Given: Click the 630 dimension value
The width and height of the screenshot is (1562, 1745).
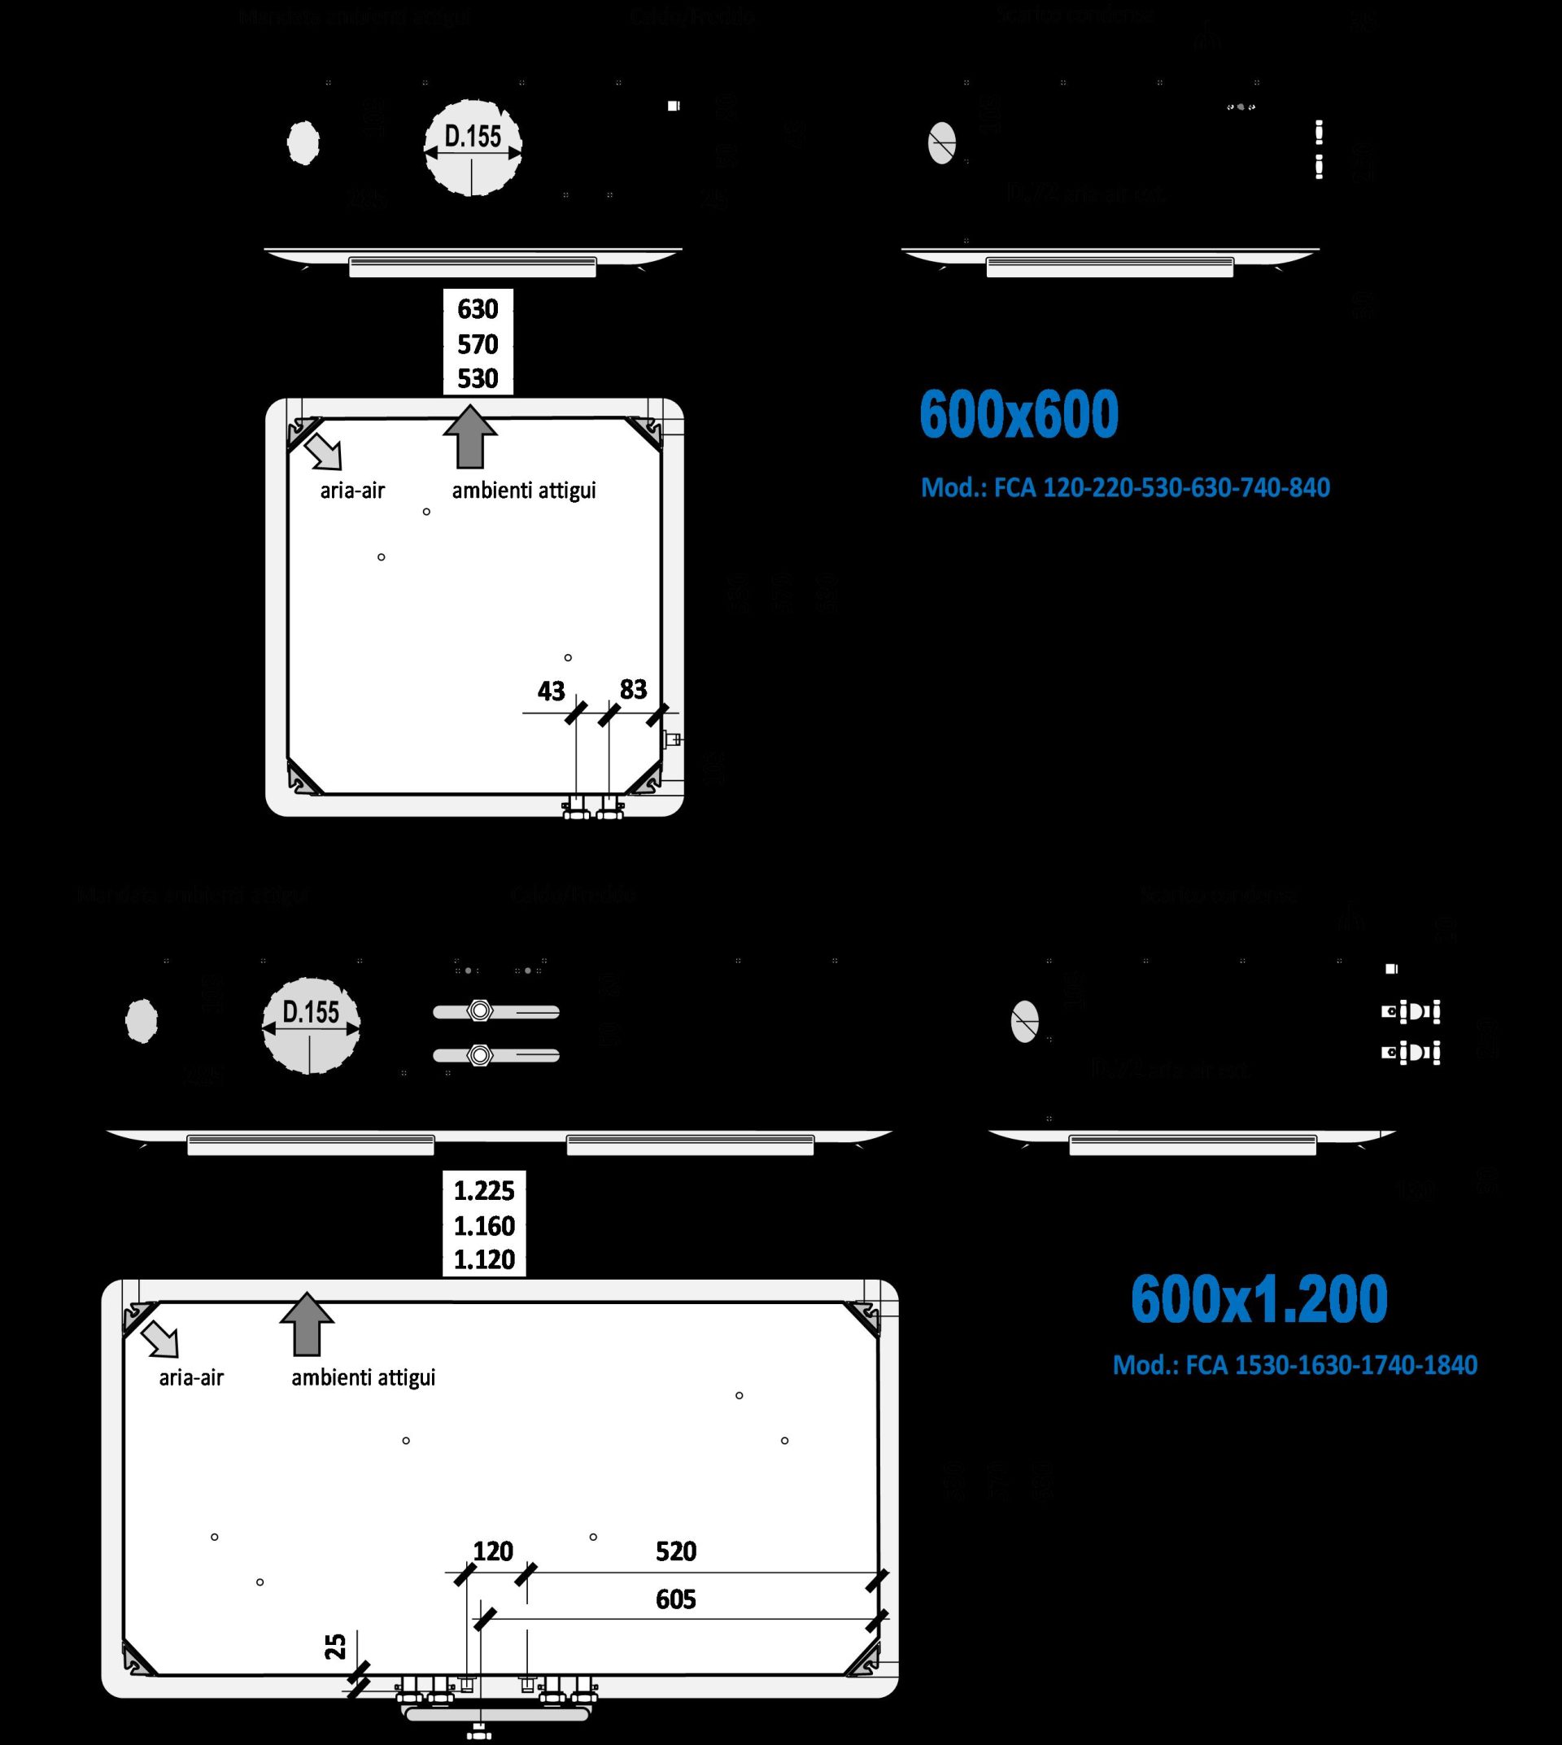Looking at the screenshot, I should (x=478, y=309).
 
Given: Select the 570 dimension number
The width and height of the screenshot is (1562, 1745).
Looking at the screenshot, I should (x=478, y=344).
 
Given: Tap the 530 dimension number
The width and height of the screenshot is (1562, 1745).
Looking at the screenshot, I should (x=478, y=378).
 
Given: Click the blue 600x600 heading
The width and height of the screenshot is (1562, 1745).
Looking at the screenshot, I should (x=1019, y=415).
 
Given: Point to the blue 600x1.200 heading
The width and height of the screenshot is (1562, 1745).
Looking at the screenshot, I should (x=1259, y=1298).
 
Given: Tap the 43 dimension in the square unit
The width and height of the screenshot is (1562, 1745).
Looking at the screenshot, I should (x=551, y=691).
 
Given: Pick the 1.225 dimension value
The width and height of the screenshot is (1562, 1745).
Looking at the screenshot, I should (x=484, y=1191).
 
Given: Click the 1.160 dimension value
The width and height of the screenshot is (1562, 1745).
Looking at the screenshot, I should (x=484, y=1226).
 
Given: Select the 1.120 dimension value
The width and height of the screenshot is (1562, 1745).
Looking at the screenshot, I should (x=484, y=1260).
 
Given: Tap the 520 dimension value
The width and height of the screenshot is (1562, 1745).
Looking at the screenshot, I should (x=675, y=1551).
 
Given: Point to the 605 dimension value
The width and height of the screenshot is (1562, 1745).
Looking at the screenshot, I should (x=675, y=1599).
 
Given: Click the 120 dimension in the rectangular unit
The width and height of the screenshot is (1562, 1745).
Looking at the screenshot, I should (x=493, y=1551).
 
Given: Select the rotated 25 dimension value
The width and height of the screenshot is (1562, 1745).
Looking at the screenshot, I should (x=335, y=1646).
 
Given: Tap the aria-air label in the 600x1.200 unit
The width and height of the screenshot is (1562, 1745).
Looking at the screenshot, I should (x=190, y=1377).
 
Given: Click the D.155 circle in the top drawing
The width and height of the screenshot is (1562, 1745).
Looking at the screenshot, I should (x=473, y=146).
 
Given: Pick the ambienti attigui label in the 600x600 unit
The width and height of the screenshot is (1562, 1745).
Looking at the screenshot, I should (x=524, y=491).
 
